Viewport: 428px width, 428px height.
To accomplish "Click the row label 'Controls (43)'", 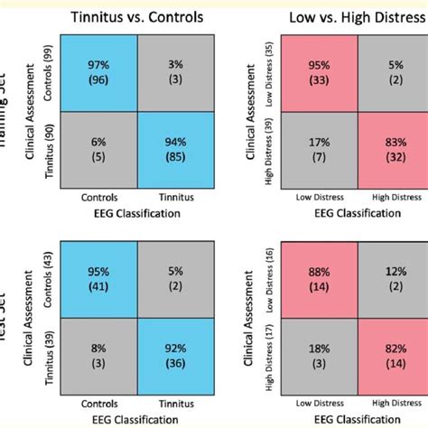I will click(49, 278).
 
